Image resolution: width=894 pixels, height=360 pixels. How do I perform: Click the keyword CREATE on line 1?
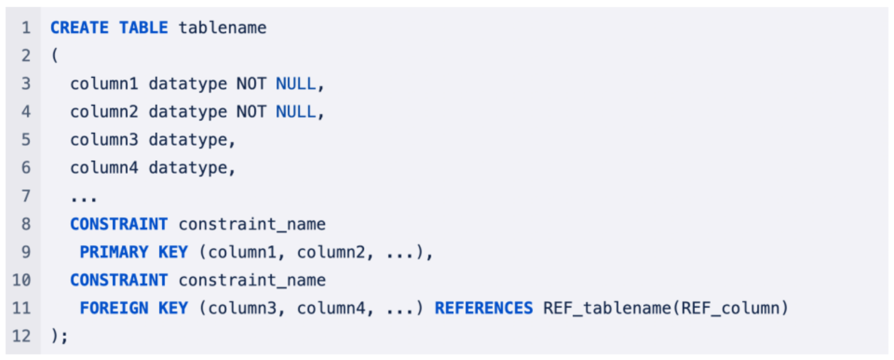point(79,28)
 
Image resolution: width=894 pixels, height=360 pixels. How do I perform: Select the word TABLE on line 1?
point(143,28)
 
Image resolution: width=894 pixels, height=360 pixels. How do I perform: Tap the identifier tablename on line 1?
point(222,28)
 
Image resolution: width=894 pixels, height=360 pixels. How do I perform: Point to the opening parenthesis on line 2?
point(54,56)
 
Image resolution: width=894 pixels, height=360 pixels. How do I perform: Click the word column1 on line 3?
point(104,84)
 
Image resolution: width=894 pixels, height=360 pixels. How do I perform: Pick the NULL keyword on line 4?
point(296,112)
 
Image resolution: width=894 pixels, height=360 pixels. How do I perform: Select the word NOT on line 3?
point(251,84)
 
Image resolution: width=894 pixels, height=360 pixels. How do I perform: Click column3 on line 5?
point(104,140)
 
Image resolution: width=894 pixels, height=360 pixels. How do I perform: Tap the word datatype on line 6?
point(187,168)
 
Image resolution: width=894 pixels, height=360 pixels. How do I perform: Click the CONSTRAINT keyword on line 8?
point(119,224)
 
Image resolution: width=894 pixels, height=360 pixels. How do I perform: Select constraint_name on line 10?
point(252,281)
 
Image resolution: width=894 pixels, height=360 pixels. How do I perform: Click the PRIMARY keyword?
point(114,253)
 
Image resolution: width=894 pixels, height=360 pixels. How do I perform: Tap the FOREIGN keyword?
point(114,308)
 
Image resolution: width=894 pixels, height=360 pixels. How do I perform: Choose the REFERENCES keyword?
point(483,308)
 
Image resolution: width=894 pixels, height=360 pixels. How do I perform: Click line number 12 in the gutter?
point(22,336)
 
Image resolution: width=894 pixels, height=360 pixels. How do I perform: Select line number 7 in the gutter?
point(25,196)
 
